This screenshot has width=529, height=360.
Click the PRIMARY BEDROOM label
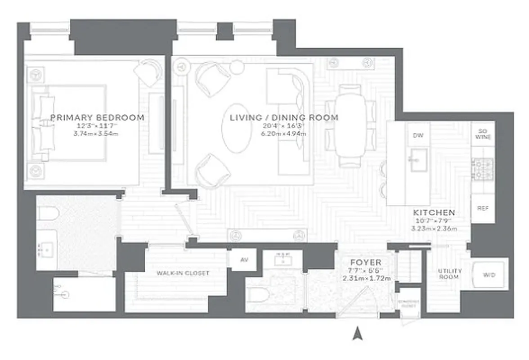(97, 118)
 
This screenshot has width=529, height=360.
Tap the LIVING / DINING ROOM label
(284, 118)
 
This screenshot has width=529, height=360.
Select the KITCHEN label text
(434, 212)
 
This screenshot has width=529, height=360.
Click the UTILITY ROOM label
(450, 274)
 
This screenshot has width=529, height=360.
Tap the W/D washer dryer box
(489, 274)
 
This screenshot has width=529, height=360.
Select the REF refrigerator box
(483, 209)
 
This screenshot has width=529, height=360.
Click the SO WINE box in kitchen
(483, 134)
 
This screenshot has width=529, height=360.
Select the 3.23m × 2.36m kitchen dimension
(434, 229)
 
